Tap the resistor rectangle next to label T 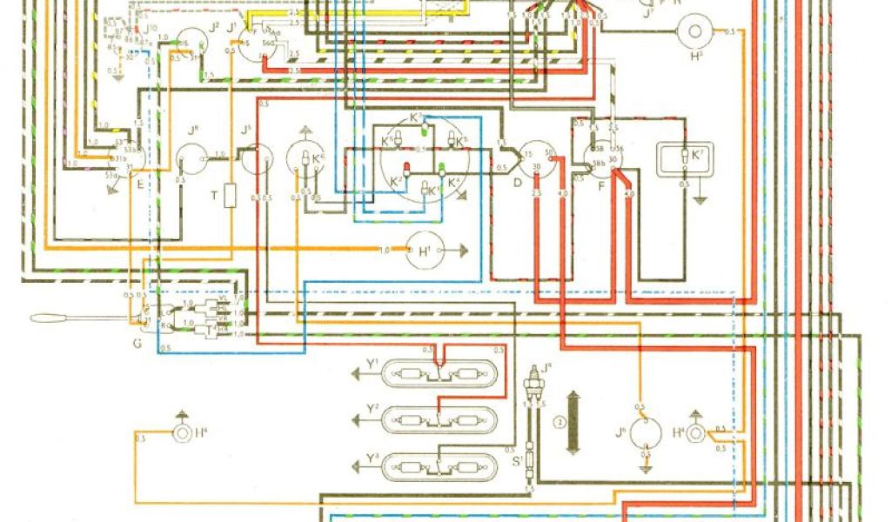click(x=231, y=196)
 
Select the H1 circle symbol click(x=425, y=251)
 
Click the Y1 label click(x=372, y=363)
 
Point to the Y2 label click(x=372, y=408)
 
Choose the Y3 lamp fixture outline click(x=442, y=465)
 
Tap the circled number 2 click(x=557, y=424)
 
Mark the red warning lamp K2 click(x=405, y=170)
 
